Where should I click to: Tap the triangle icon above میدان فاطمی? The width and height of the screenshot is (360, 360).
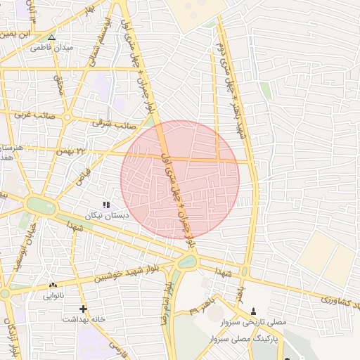[x=51, y=37]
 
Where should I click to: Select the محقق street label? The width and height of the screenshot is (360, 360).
[x=59, y=85]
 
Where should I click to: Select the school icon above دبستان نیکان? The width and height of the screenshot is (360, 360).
[x=106, y=204]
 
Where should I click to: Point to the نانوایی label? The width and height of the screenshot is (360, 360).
[x=53, y=295]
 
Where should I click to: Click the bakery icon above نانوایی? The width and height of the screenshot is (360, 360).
[x=53, y=285]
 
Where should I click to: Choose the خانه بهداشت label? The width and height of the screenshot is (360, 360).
[x=84, y=319]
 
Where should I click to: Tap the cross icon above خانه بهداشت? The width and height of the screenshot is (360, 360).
[x=83, y=309]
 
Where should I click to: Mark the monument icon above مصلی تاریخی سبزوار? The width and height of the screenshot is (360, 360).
[x=254, y=311]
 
